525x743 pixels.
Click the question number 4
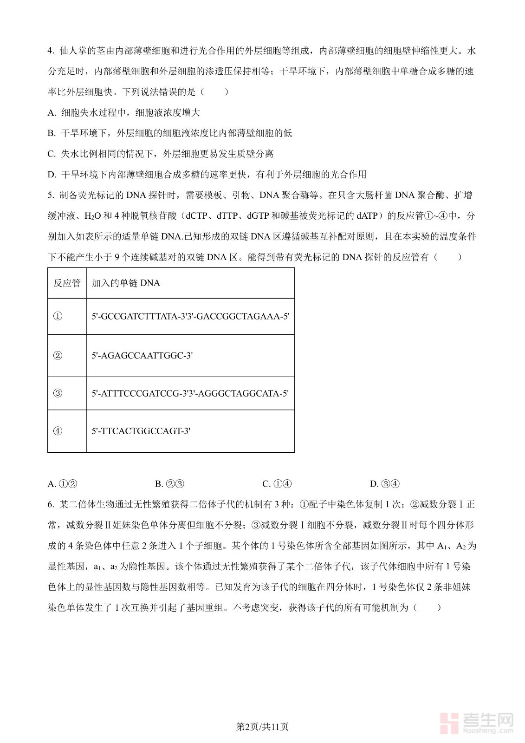point(51,51)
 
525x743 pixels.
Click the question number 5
point(51,195)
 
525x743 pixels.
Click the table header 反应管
point(67,283)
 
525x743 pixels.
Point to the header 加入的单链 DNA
point(126,283)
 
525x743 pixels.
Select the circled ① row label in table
point(58,316)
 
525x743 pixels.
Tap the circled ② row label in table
point(58,356)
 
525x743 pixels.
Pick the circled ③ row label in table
point(58,393)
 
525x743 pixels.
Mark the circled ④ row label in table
point(58,431)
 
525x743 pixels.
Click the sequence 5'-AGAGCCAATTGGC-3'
point(142,356)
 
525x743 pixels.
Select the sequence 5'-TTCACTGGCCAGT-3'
point(141,431)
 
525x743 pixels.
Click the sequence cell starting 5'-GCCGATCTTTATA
point(190,316)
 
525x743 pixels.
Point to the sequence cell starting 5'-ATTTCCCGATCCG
point(190,393)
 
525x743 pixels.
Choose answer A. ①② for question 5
point(63,484)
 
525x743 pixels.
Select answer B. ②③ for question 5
point(170,484)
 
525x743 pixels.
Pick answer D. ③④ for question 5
point(384,484)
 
